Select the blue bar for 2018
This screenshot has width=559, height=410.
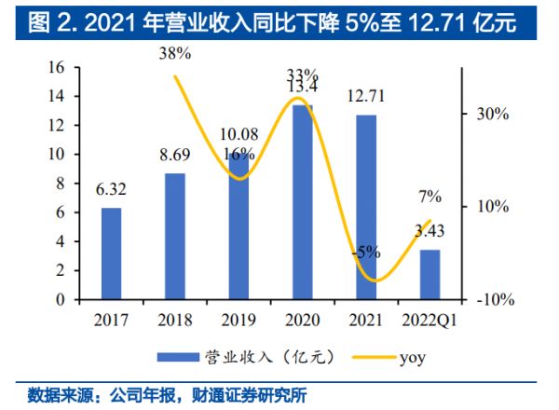pyautogui.click(x=175, y=237)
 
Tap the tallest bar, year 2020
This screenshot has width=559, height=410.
pyautogui.click(x=303, y=202)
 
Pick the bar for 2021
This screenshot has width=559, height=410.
pyautogui.click(x=366, y=207)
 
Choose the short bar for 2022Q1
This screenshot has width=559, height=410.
pyautogui.click(x=429, y=275)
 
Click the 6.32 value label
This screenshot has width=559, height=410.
pyautogui.click(x=111, y=191)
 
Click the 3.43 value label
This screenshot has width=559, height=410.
pyautogui.click(x=429, y=231)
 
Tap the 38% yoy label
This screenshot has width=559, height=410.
pyautogui.click(x=175, y=54)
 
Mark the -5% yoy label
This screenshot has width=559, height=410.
pyautogui.click(x=365, y=252)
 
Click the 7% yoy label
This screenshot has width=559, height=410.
pyautogui.click(x=429, y=197)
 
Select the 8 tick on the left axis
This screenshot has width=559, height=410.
pyautogui.click(x=61, y=184)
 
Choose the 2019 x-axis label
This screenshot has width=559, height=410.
pyautogui.click(x=239, y=321)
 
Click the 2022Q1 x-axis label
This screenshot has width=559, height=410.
pyautogui.click(x=429, y=321)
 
